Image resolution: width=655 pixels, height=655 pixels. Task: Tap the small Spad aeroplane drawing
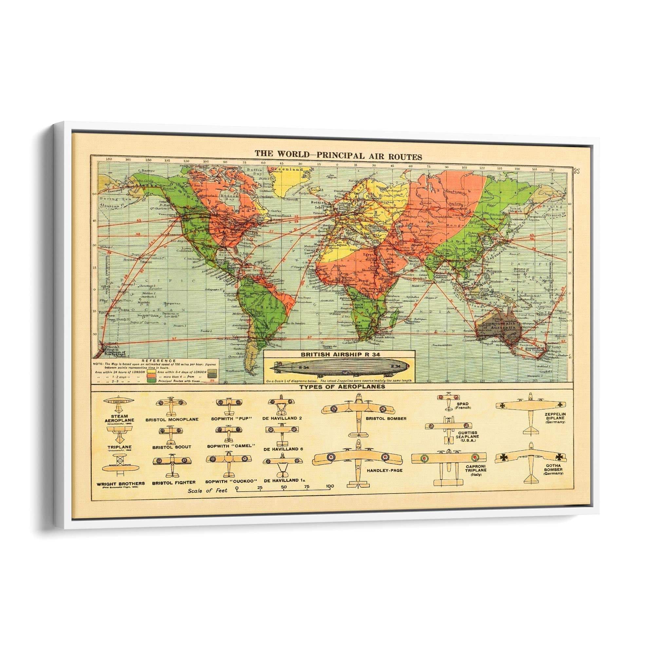449,401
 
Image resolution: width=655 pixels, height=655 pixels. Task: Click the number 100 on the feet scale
330,486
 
